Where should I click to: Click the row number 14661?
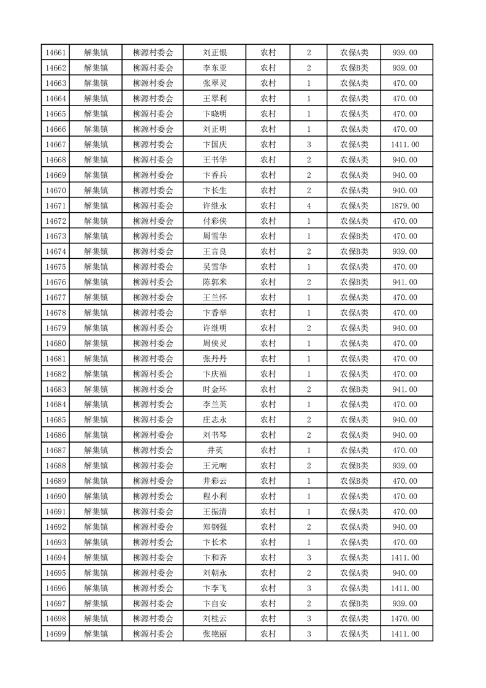(56, 53)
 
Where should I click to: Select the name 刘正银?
(215, 53)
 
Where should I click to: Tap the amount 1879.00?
(404, 205)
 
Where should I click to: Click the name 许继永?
(215, 205)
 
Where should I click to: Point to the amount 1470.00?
(404, 619)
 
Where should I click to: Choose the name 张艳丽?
(215, 634)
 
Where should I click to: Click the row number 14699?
(56, 634)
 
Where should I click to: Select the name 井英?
(215, 450)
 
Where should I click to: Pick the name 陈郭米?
(215, 282)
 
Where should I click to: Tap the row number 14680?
(56, 343)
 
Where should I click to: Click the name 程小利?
(215, 496)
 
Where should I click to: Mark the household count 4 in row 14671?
(308, 205)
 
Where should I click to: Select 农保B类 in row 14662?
(354, 68)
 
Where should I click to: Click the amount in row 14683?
(404, 389)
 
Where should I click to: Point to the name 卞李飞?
(215, 588)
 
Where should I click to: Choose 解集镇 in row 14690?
(96, 496)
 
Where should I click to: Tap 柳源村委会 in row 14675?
(153, 267)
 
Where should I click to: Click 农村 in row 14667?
(268, 145)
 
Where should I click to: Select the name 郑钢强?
(215, 527)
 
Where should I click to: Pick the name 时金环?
(215, 389)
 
